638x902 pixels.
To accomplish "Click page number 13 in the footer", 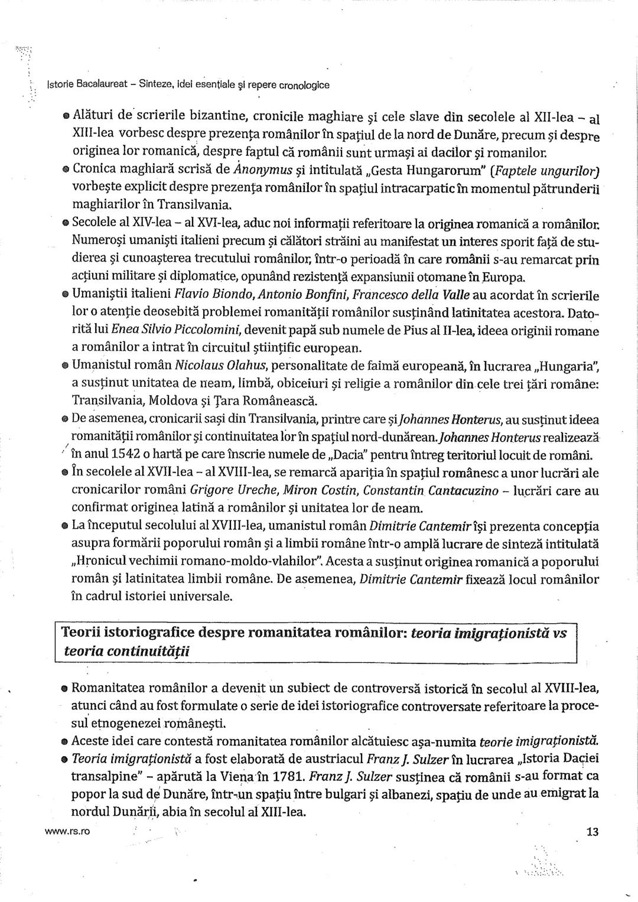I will click(x=593, y=832).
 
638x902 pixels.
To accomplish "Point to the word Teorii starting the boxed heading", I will click(x=82, y=633).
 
